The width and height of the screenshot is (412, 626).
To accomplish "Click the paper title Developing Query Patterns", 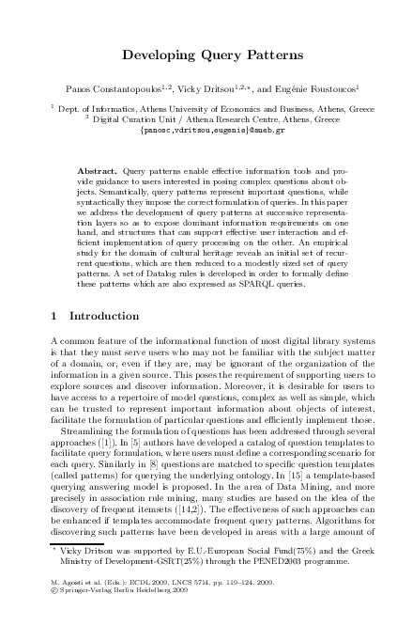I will (x=206, y=55).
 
